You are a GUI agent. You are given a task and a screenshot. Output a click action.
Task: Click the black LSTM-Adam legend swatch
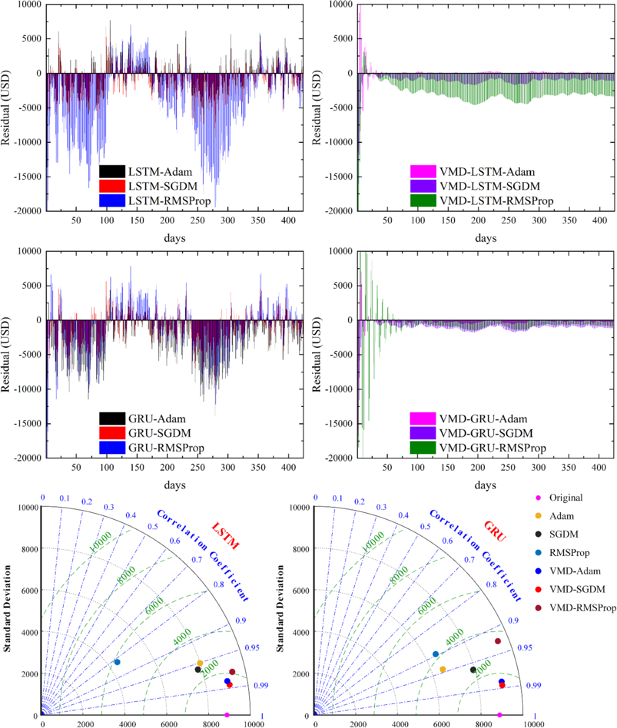112,172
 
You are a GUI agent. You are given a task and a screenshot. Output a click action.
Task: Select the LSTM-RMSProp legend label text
169,201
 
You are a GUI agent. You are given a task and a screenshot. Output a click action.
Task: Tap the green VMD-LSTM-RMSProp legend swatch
423,200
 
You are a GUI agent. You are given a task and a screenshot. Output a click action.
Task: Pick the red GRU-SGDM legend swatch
112,433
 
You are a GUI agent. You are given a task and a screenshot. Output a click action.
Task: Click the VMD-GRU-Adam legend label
483,419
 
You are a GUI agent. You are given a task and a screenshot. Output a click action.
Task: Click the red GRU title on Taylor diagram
495,531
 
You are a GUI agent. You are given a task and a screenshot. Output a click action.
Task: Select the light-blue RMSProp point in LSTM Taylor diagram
117,662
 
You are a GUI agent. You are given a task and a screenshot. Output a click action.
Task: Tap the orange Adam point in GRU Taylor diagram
443,669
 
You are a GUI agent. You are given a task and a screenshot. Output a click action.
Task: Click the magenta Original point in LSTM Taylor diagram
227,715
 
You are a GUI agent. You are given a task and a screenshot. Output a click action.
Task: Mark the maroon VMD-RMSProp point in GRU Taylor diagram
498,641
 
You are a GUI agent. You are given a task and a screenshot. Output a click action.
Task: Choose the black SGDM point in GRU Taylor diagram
473,669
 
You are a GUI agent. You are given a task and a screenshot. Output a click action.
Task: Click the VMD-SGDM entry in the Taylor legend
577,589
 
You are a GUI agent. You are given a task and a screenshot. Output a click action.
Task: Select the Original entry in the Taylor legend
566,498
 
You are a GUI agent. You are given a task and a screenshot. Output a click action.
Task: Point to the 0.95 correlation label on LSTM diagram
252,648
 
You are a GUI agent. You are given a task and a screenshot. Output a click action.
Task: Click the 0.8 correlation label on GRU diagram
492,585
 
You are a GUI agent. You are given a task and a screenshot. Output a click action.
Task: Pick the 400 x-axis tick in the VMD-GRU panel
599,468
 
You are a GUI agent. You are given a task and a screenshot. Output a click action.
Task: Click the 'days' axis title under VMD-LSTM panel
485,238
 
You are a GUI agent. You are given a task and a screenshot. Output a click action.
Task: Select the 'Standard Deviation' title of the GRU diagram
280,609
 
